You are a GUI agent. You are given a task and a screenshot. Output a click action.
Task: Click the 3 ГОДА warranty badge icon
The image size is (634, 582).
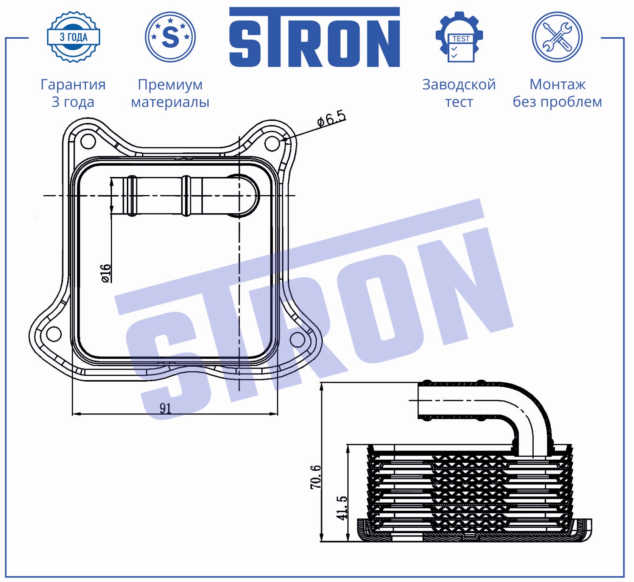pyautogui.click(x=73, y=37)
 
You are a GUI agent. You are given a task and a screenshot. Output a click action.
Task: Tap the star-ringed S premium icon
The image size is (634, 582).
pyautogui.click(x=170, y=37)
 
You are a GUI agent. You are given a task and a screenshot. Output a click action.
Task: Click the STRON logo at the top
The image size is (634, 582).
pyautogui.click(x=315, y=37)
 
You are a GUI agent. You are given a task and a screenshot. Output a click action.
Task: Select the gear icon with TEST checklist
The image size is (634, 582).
pyautogui.click(x=459, y=37)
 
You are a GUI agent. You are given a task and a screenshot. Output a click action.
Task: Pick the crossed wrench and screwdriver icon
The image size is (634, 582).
pyautogui.click(x=557, y=37)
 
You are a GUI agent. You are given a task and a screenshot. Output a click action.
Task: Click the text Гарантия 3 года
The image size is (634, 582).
pyautogui.click(x=73, y=93)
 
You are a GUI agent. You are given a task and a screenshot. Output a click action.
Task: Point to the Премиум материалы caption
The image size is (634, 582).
pyautogui.click(x=170, y=93)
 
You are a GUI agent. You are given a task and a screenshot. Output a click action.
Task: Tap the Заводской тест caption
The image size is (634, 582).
pyautogui.click(x=459, y=93)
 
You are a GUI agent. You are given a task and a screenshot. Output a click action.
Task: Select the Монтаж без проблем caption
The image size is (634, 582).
pyautogui.click(x=557, y=93)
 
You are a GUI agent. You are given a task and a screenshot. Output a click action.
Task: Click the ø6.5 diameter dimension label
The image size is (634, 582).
pyautogui.click(x=332, y=119)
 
